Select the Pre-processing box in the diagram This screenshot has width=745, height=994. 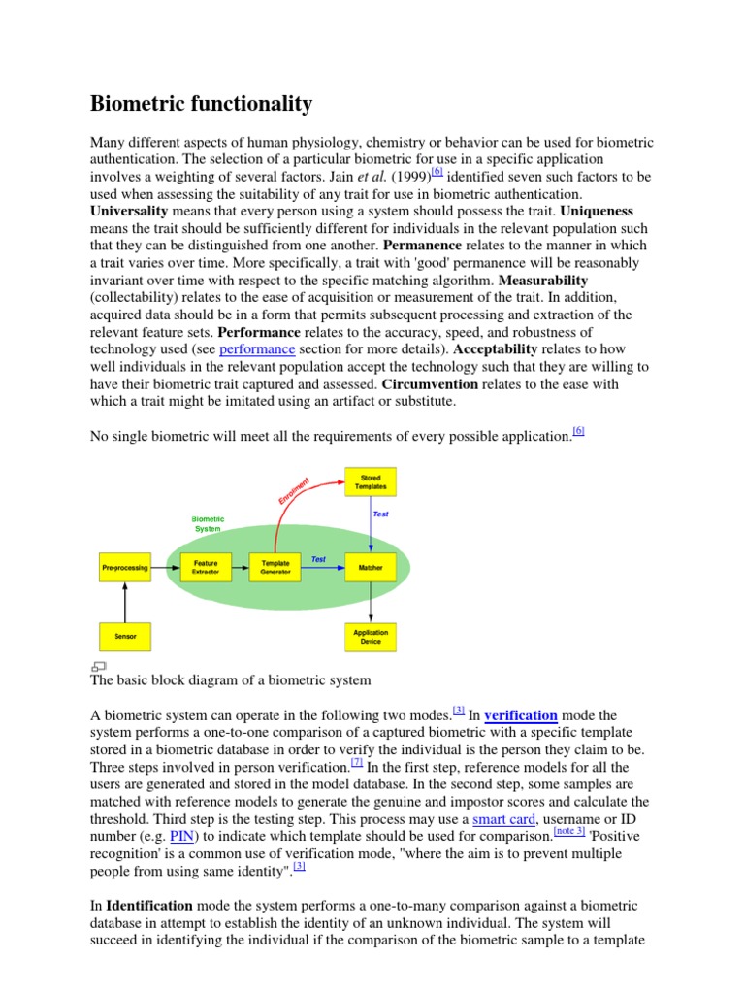tap(125, 568)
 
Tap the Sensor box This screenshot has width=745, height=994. tap(125, 637)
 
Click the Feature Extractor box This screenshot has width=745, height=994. tap(206, 568)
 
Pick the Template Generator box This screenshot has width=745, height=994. tap(275, 568)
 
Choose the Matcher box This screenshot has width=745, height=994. tap(371, 568)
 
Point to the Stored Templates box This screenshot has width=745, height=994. tap(371, 481)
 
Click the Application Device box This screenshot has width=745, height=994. tap(371, 637)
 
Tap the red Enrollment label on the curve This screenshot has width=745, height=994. tap(294, 490)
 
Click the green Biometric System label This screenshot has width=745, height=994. tap(208, 524)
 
